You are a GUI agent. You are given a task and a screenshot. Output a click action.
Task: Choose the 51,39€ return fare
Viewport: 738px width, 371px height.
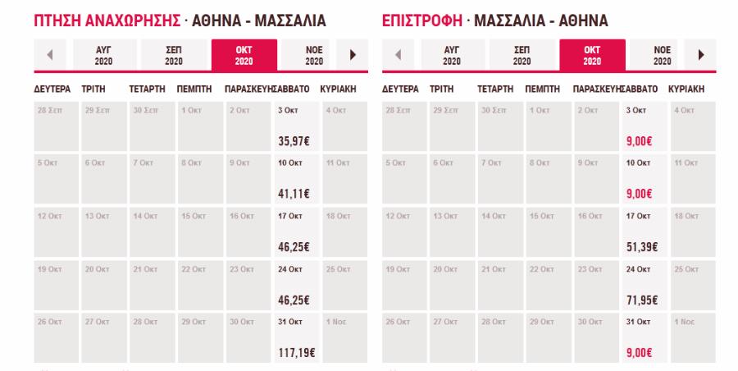coord(643,247)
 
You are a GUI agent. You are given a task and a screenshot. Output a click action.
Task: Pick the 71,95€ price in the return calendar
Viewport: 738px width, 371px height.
coord(643,300)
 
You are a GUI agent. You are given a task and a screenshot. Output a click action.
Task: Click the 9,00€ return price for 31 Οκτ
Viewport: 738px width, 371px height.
coord(640,353)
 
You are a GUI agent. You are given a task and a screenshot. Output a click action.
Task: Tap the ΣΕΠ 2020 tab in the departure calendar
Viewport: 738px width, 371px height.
coord(174,55)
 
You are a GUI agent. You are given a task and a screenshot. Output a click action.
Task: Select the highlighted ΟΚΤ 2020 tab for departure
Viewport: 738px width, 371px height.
coord(244,55)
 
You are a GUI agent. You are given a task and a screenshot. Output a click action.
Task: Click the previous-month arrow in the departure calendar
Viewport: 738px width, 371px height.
coord(49,55)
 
